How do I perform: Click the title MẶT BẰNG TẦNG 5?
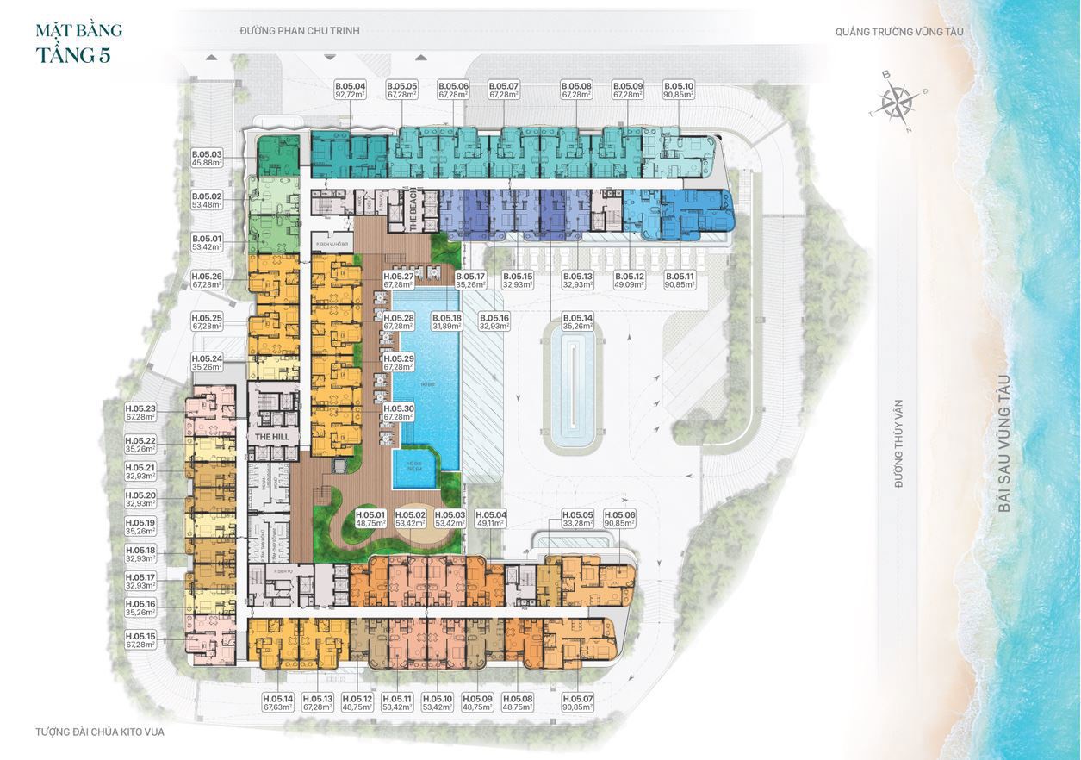[78, 43]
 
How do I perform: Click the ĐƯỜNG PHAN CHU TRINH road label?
[300, 31]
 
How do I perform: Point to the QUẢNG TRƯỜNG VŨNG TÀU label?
[899, 32]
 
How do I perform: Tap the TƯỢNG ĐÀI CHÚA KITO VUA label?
[100, 732]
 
